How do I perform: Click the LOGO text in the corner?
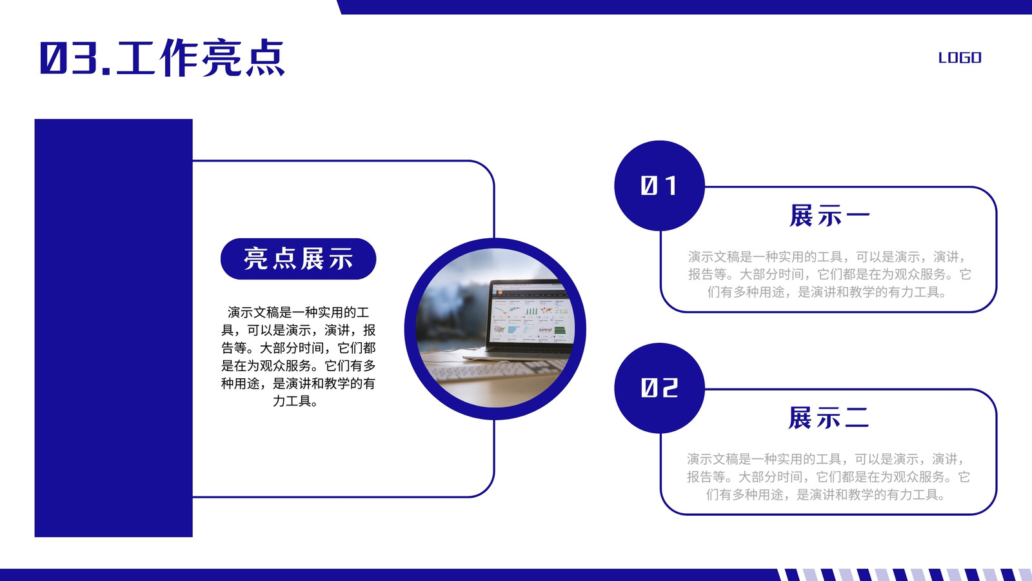coord(960,57)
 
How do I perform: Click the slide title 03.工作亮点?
coord(163,57)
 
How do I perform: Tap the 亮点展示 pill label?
coord(298,259)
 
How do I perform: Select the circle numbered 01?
coord(659,185)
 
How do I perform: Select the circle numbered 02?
coord(659,388)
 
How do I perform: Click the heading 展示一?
coord(829,216)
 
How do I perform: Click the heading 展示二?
coord(828,418)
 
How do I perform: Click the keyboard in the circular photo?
coord(497,372)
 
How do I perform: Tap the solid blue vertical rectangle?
coord(114,328)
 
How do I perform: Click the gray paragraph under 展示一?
coord(829,274)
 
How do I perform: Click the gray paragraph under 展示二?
coord(828,477)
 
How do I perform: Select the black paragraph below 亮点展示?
coord(298,356)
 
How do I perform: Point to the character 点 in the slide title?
coord(265,57)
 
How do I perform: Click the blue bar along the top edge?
coord(684,7)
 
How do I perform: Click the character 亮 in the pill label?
coord(256,259)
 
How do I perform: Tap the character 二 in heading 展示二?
coord(857,418)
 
